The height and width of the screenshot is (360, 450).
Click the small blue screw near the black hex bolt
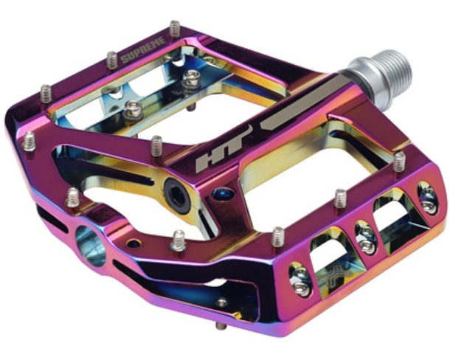(218, 195)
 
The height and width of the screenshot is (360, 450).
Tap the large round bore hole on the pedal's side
(90, 246)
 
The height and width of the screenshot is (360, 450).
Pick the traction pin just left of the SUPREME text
(112, 60)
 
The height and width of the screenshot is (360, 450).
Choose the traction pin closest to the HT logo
(157, 145)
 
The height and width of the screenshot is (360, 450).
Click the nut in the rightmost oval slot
(427, 198)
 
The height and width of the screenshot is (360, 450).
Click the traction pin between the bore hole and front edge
(179, 240)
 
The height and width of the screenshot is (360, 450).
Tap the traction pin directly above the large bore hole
(73, 197)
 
